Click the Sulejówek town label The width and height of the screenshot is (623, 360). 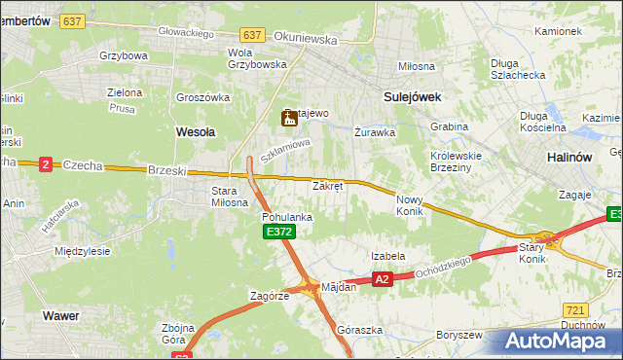(x=413, y=97)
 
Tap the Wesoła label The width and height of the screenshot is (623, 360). (x=195, y=129)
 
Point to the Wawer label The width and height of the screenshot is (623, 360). (x=60, y=316)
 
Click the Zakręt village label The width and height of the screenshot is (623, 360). (x=327, y=186)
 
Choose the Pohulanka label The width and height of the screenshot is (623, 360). (x=287, y=217)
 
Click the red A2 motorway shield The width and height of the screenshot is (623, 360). (x=383, y=279)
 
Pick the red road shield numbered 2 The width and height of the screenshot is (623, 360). (x=46, y=165)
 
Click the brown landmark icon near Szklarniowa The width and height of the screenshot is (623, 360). (x=288, y=119)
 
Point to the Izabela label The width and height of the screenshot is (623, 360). (x=387, y=256)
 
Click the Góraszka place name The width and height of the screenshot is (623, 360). (x=354, y=330)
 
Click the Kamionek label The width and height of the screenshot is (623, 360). (x=558, y=31)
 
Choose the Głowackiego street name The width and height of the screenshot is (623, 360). (x=187, y=32)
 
